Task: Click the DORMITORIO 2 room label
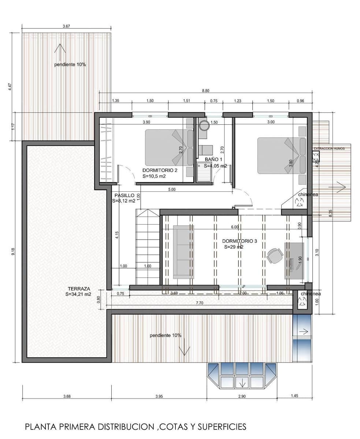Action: click(x=160, y=170)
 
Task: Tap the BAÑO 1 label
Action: click(x=214, y=160)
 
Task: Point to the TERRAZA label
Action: click(x=76, y=288)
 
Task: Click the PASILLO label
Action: click(x=124, y=195)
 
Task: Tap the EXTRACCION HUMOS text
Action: click(x=329, y=149)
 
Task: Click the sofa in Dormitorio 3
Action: click(x=183, y=252)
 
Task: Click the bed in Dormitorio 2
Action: click(x=169, y=147)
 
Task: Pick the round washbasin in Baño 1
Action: click(x=204, y=125)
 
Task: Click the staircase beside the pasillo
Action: click(x=148, y=247)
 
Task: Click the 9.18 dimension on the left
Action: click(x=13, y=252)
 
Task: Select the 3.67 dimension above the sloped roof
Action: click(x=66, y=26)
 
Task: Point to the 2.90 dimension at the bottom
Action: click(x=241, y=396)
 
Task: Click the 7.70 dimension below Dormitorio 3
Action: click(x=200, y=303)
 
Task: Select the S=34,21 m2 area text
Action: click(x=78, y=294)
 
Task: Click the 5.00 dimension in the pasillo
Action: click(x=172, y=189)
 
